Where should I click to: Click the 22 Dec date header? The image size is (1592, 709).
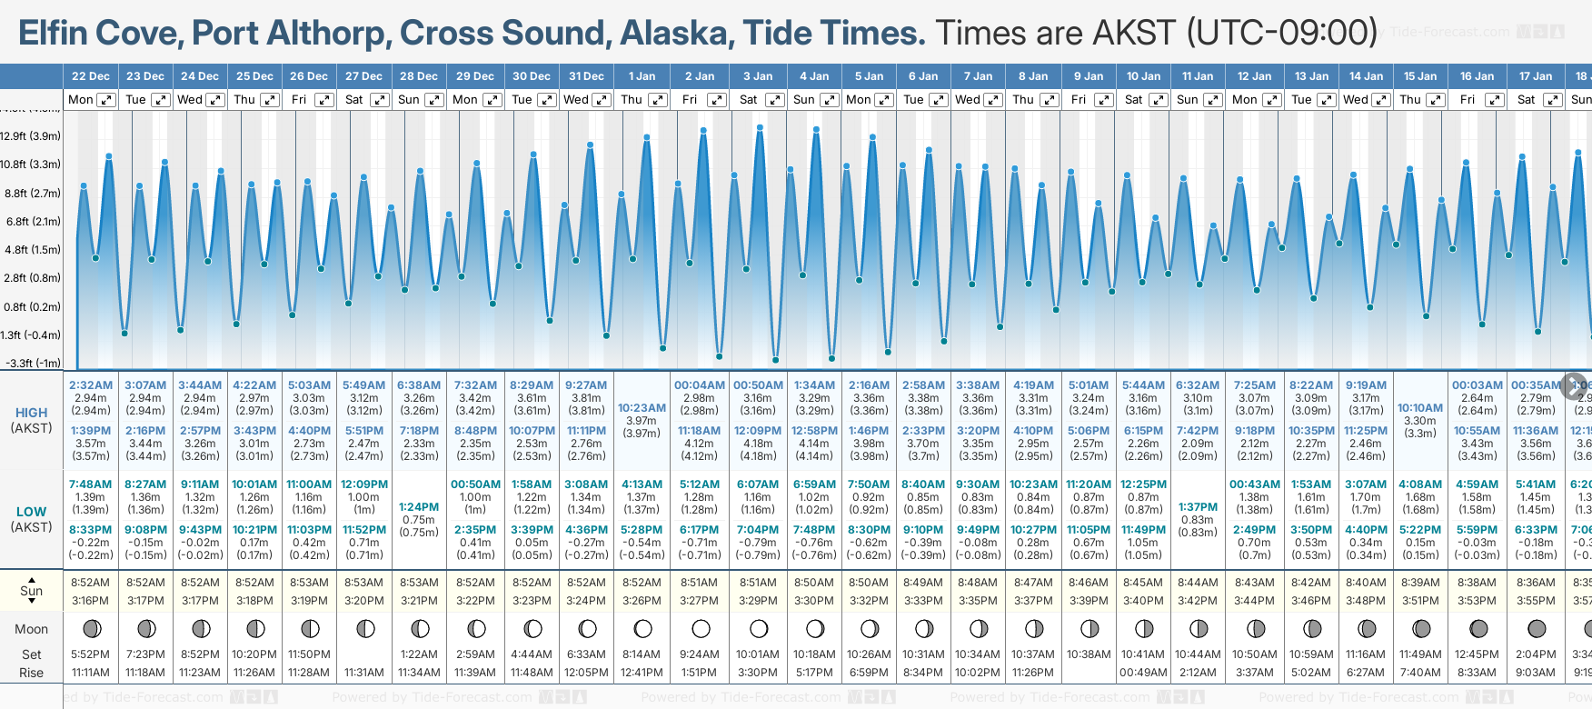pyautogui.click(x=91, y=76)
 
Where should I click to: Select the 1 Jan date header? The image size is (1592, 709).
pyautogui.click(x=642, y=76)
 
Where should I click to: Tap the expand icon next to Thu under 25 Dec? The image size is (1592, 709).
pyautogui.click(x=270, y=100)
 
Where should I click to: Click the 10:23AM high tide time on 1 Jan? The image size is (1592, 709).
pyautogui.click(x=642, y=408)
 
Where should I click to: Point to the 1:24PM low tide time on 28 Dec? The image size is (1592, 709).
pyautogui.click(x=419, y=507)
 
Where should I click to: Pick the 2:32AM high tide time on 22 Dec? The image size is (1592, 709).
pyautogui.click(x=91, y=385)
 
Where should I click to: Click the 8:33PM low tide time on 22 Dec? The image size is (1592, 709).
pyautogui.click(x=91, y=530)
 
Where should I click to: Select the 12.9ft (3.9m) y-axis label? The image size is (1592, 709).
pyautogui.click(x=31, y=136)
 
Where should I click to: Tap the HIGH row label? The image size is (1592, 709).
pyautogui.click(x=31, y=413)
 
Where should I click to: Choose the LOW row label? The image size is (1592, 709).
pyautogui.click(x=31, y=512)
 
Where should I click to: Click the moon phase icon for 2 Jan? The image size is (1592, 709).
pyautogui.click(x=701, y=629)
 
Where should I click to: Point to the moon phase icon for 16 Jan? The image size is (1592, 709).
pyautogui.click(x=1478, y=629)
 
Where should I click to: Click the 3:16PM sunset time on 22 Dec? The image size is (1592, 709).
pyautogui.click(x=91, y=601)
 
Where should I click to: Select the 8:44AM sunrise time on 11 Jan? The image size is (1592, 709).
pyautogui.click(x=1198, y=583)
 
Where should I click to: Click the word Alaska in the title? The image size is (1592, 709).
pyautogui.click(x=677, y=33)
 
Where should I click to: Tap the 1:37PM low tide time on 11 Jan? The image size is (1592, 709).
pyautogui.click(x=1198, y=507)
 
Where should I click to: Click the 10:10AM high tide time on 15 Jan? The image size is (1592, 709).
pyautogui.click(x=1420, y=408)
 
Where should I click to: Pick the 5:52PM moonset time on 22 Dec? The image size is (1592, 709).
pyautogui.click(x=91, y=654)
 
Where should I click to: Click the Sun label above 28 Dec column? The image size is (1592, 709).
pyautogui.click(x=409, y=100)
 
